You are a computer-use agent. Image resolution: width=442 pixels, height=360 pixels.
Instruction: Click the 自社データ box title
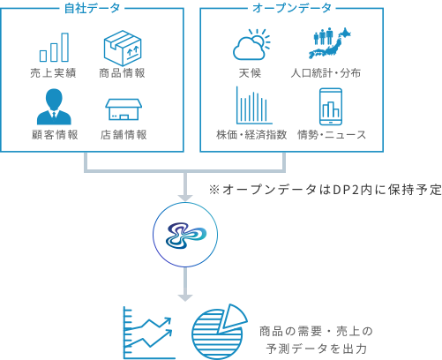click(92, 8)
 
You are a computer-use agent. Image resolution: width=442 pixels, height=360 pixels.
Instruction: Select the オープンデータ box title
click(292, 8)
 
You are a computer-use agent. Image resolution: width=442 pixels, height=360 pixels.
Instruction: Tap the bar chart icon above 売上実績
click(54, 48)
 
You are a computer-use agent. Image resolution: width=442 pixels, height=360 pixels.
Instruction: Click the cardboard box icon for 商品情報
click(123, 48)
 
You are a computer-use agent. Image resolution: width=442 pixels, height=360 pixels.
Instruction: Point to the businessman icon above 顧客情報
click(54, 107)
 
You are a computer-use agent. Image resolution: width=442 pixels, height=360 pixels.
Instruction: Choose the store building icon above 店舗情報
click(124, 109)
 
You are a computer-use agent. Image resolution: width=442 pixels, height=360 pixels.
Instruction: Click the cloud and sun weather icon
click(251, 44)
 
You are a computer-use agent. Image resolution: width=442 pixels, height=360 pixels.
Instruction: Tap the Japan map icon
click(330, 43)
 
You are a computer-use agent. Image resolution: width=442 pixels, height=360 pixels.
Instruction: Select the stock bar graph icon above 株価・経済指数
click(254, 105)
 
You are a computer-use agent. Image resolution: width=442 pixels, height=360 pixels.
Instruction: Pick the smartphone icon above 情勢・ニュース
click(331, 107)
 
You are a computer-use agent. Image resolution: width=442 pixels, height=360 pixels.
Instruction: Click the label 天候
click(250, 73)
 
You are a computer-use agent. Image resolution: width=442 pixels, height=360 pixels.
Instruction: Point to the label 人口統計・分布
click(326, 73)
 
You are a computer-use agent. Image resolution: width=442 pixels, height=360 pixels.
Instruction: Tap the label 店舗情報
click(124, 135)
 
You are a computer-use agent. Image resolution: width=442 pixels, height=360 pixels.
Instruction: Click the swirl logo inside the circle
click(185, 235)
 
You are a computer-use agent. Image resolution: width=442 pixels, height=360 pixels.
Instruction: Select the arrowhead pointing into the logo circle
click(185, 198)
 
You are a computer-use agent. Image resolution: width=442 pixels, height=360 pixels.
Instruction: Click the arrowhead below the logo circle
click(185, 297)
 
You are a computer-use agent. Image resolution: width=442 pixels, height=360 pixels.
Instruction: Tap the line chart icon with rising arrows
click(148, 333)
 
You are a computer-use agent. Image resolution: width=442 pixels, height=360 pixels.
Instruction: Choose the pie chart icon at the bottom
click(220, 332)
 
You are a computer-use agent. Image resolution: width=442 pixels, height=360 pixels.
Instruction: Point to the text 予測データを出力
click(317, 349)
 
